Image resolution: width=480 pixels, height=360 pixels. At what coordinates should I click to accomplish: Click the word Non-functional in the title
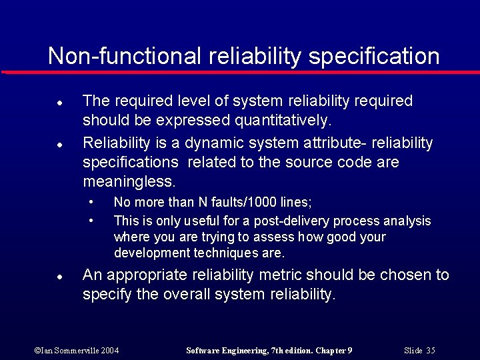coord(123,56)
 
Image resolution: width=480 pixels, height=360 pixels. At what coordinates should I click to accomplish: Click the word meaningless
coord(129,181)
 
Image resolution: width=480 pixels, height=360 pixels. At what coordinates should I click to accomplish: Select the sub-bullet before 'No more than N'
coord(91,202)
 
